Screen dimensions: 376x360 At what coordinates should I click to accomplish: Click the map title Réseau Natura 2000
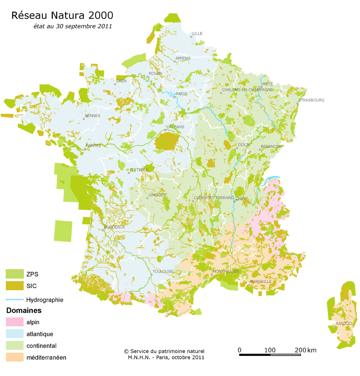[x=62, y=15]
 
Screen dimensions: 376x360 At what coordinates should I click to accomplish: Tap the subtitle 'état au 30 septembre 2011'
[x=72, y=26]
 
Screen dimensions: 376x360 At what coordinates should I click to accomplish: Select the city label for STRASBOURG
[x=311, y=100]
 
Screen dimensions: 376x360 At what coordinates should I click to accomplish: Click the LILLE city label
[x=198, y=34]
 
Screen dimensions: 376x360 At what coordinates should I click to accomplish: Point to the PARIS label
[x=182, y=94]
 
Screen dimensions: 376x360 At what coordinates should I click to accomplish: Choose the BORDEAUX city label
[x=114, y=227]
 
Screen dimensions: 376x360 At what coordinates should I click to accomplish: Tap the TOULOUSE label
[x=163, y=271]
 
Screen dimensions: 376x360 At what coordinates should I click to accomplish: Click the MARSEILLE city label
[x=261, y=281]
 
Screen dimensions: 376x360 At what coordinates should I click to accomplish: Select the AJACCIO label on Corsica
[x=344, y=323]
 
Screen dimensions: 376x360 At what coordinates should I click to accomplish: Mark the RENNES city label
[x=93, y=116]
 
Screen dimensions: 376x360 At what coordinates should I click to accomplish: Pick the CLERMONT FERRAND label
[x=214, y=198]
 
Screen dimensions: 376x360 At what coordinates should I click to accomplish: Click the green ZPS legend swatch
[x=14, y=274]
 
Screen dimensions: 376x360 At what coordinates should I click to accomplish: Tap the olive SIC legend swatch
[x=14, y=285]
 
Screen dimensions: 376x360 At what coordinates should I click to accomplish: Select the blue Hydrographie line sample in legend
[x=14, y=299]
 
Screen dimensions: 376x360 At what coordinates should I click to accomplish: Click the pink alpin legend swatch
[x=14, y=322]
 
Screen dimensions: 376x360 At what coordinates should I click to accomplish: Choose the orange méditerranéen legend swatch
[x=14, y=357]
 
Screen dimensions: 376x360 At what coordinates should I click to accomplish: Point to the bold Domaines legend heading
[x=24, y=310]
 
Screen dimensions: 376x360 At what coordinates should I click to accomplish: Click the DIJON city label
[x=244, y=145]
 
